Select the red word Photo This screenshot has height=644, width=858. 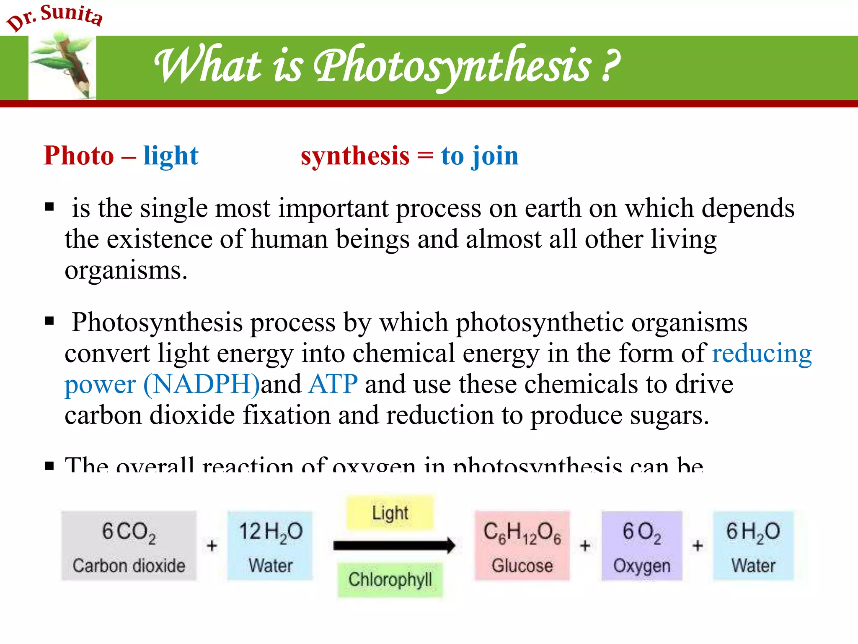point(79,156)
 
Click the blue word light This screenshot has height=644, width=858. point(171,156)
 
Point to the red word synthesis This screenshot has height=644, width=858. point(355,156)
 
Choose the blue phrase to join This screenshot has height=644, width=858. point(480,156)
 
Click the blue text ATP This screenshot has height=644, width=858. point(333,384)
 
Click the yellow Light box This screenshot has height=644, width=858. point(390,512)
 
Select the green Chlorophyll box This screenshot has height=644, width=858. point(390,580)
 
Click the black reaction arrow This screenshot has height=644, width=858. point(394,545)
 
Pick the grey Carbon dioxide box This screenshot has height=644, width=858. point(129,545)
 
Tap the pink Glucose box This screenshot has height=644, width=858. point(522,545)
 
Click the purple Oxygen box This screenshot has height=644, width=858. point(642,545)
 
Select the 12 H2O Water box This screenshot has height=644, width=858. point(270,545)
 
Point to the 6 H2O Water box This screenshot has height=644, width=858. point(753,545)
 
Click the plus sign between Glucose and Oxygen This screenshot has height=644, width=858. point(585,545)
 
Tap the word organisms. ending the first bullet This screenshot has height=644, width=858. point(126,270)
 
